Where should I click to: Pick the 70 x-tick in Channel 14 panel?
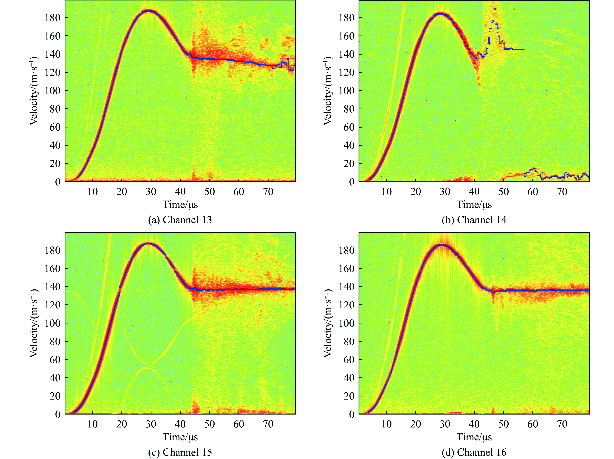coord(562,192)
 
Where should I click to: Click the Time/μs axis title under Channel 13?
coord(180,205)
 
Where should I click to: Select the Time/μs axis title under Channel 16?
coord(474,437)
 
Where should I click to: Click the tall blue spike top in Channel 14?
coord(495,9)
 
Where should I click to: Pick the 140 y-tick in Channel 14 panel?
coord(347,54)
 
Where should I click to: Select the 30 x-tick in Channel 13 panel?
coord(151,192)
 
